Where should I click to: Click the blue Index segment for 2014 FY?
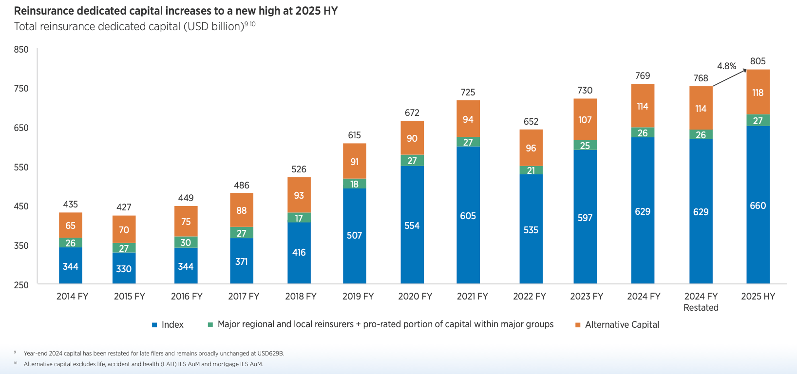71,266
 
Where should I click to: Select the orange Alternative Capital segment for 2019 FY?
354,161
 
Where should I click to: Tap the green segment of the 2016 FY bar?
186,242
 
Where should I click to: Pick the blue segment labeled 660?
758,206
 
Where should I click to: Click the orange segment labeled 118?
758,93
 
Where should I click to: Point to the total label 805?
758,61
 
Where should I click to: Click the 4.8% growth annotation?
726,66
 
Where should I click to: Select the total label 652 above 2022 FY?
531,122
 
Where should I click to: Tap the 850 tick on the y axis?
21,50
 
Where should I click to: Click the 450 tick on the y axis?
21,206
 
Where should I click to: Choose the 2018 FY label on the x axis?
301,297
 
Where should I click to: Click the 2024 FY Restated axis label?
701,302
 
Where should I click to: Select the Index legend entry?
172,325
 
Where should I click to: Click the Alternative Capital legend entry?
622,325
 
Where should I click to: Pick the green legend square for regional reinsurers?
210,325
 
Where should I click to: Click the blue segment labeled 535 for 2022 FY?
531,230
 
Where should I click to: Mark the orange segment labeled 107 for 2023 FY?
585,120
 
